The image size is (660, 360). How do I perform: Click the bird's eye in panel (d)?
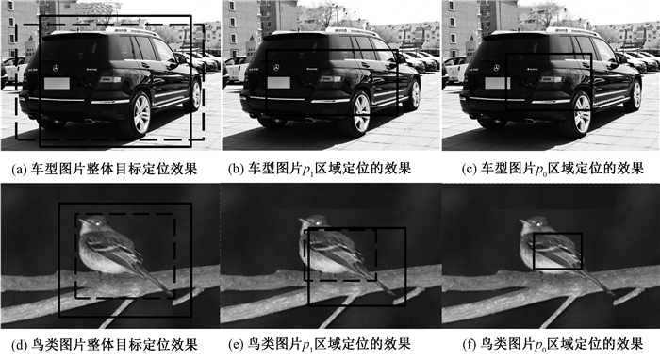[x=98, y=223]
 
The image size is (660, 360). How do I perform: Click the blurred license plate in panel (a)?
[x=57, y=83]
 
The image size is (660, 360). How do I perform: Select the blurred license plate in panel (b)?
[x=277, y=83]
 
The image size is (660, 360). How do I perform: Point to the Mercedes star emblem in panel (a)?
[x=56, y=68]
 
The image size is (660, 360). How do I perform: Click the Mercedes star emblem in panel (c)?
[x=497, y=68]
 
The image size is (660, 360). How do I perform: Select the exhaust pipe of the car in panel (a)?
[x=91, y=122]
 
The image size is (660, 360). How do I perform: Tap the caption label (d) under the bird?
[x=21, y=345]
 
